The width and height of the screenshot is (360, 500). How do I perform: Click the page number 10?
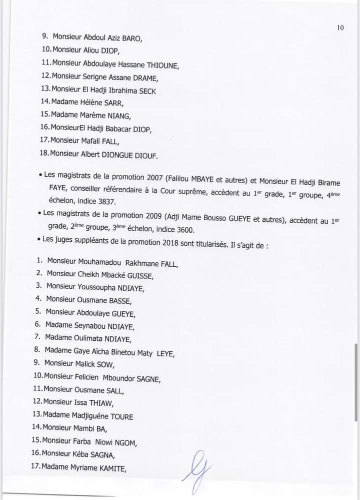tap(340, 28)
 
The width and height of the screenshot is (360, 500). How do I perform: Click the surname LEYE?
tap(165, 354)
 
